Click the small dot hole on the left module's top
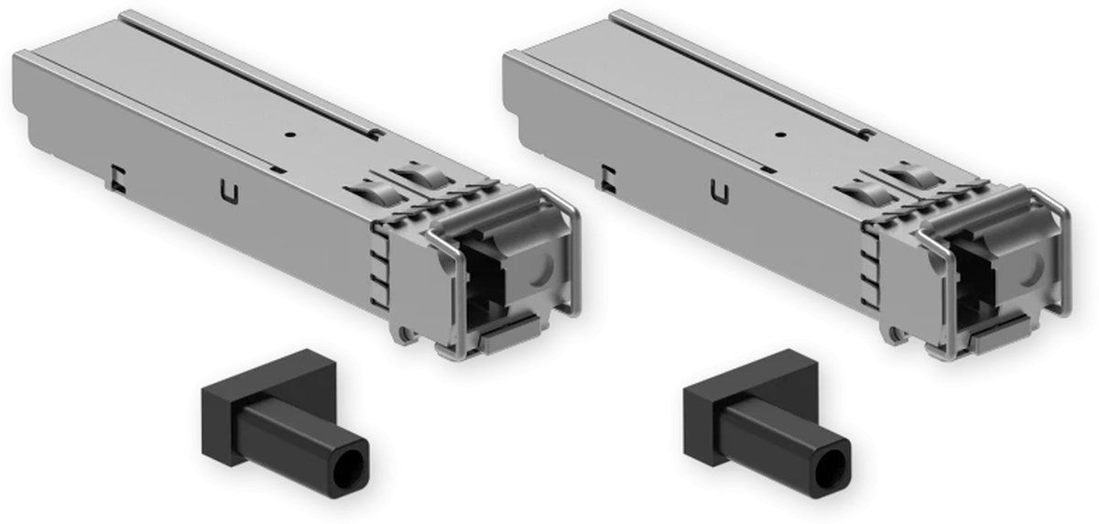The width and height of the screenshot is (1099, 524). click(x=288, y=133)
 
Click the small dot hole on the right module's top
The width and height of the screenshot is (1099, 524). click(x=779, y=134)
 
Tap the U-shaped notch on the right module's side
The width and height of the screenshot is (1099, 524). click(x=720, y=193)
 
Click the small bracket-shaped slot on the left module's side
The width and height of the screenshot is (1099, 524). click(x=116, y=177)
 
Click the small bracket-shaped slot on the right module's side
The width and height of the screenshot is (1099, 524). click(x=608, y=177)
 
